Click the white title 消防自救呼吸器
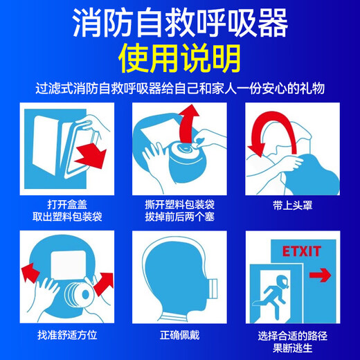click(x=180, y=24)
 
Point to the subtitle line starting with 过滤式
click(x=180, y=90)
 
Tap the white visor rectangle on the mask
click(x=67, y=267)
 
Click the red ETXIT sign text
click(x=298, y=251)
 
